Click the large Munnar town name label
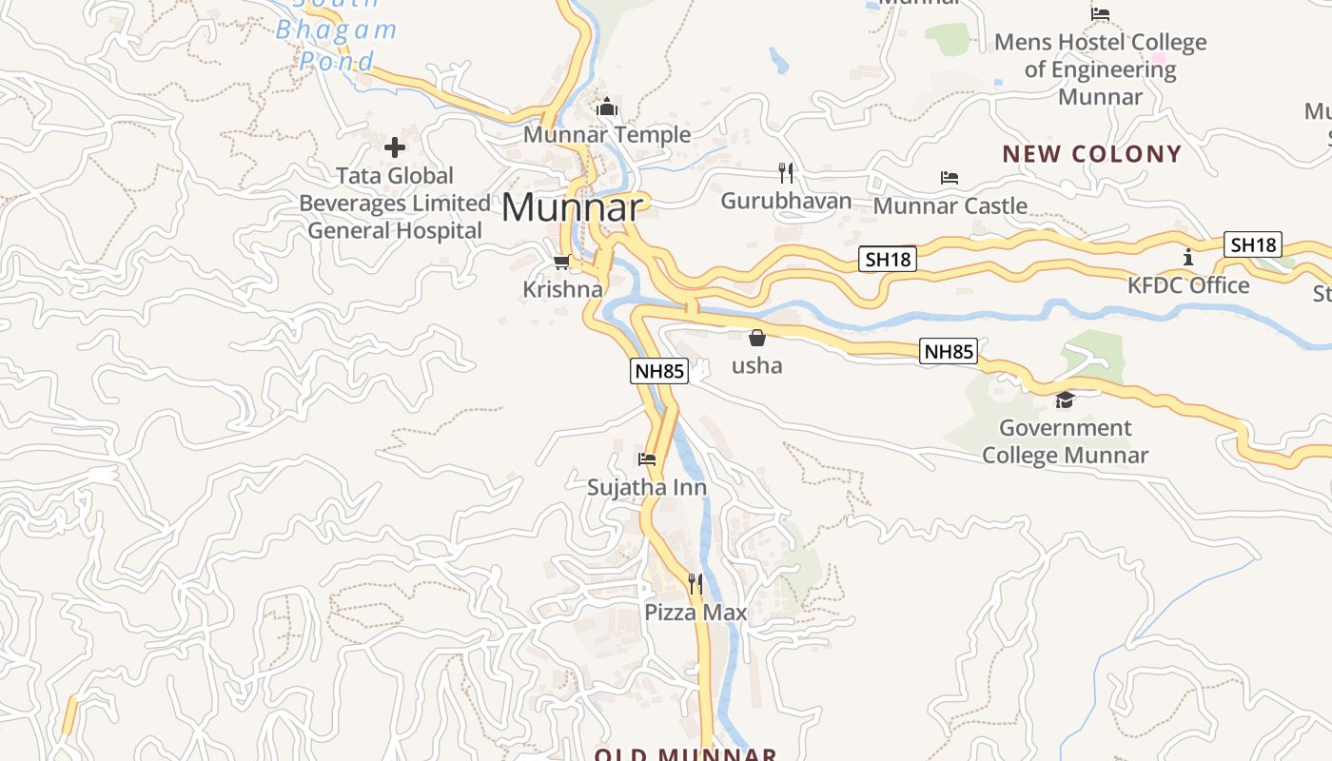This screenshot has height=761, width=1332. [x=573, y=207]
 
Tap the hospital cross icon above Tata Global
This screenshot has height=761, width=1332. [x=395, y=147]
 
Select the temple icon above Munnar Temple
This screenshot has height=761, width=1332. [x=607, y=107]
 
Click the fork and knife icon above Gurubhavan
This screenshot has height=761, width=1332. [x=786, y=173]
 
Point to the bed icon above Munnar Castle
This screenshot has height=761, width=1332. [x=949, y=178]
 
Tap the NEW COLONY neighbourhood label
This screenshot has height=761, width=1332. [x=1092, y=154]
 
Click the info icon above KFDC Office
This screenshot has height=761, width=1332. [x=1188, y=257]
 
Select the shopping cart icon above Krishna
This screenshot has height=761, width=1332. [x=561, y=262]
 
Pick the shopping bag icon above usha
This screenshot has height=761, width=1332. [x=757, y=338]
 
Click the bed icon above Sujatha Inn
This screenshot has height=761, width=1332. [x=647, y=459]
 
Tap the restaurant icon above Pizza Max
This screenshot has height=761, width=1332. [x=695, y=583]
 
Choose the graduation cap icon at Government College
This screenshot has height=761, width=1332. [x=1065, y=400]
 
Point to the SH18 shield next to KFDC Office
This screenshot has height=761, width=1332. [x=1253, y=244]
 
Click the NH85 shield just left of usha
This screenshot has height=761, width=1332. [x=658, y=371]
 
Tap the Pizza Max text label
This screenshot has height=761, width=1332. [x=695, y=613]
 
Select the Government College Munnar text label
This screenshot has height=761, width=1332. [x=1065, y=441]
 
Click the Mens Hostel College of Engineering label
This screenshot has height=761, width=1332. [x=1101, y=69]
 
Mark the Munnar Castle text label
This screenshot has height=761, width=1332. [x=950, y=205]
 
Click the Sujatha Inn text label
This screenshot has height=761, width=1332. [x=647, y=488]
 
